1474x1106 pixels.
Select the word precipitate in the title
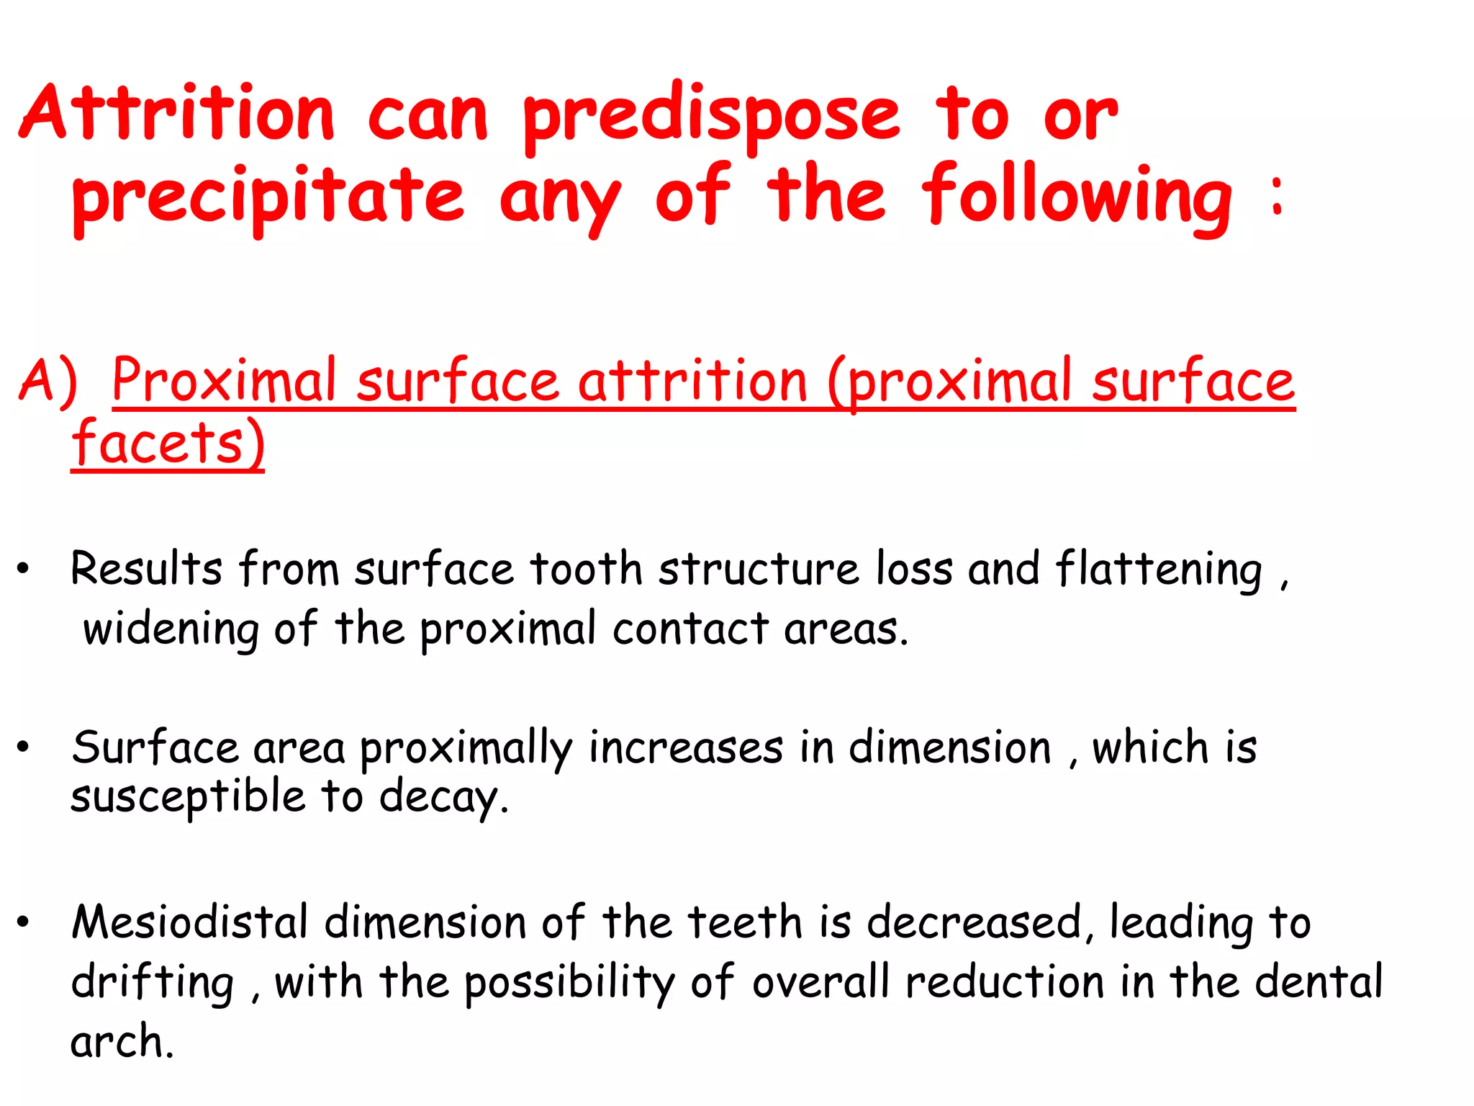tap(268, 198)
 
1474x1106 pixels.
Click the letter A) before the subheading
tap(48, 381)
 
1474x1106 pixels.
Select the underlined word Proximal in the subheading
tap(224, 381)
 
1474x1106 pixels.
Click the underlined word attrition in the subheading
tap(692, 381)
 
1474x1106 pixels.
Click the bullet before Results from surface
tap(24, 570)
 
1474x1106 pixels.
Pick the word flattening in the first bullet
tap(1159, 570)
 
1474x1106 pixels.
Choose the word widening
tap(171, 629)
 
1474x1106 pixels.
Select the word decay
tap(443, 798)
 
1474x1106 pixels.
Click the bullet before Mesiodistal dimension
tap(24, 922)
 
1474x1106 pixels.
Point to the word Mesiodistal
tap(190, 922)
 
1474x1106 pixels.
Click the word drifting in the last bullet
tap(153, 983)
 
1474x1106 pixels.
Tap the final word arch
tap(122, 1042)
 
